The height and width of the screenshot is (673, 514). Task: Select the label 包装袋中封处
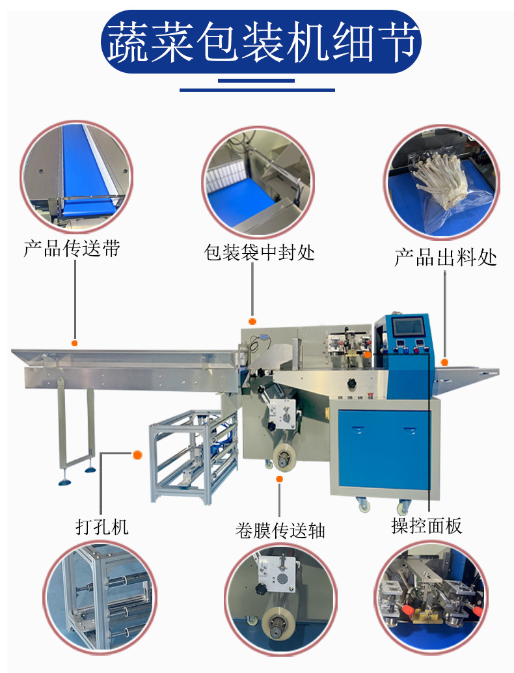[260, 253]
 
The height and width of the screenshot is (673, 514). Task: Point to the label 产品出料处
[446, 256]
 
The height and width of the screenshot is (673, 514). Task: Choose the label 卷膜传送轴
[280, 530]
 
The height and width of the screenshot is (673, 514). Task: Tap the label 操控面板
[427, 526]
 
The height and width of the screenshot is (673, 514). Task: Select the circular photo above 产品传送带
[75, 176]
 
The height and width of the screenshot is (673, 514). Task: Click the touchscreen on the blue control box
[408, 327]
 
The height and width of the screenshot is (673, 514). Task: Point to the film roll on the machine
[285, 455]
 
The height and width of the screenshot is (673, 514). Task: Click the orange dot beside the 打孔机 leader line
[137, 455]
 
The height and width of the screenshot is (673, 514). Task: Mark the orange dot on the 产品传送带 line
[75, 343]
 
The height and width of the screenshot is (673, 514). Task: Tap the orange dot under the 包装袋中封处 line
[252, 321]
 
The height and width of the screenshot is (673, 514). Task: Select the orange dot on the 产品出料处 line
[445, 362]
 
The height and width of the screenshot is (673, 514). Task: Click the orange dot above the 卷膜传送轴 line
[280, 479]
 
